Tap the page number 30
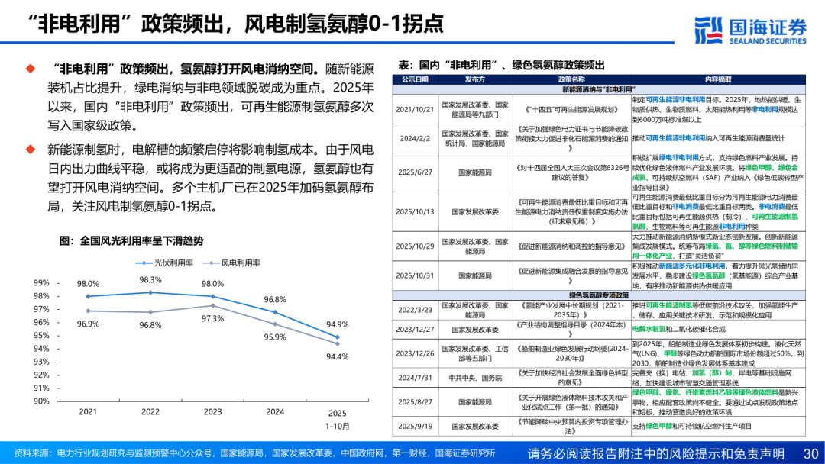pos(810,453)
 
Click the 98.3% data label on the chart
pos(150,280)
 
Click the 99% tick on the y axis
pos(41,283)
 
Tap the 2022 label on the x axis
pos(150,412)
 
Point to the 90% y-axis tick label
pos(41,401)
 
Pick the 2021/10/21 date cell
pos(415,109)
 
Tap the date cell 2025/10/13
pos(415,212)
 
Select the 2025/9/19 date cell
pos(415,426)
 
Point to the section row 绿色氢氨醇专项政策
pos(598,295)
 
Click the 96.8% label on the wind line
pos(150,325)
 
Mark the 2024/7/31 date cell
pos(415,377)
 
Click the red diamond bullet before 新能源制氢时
pos(31,148)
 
